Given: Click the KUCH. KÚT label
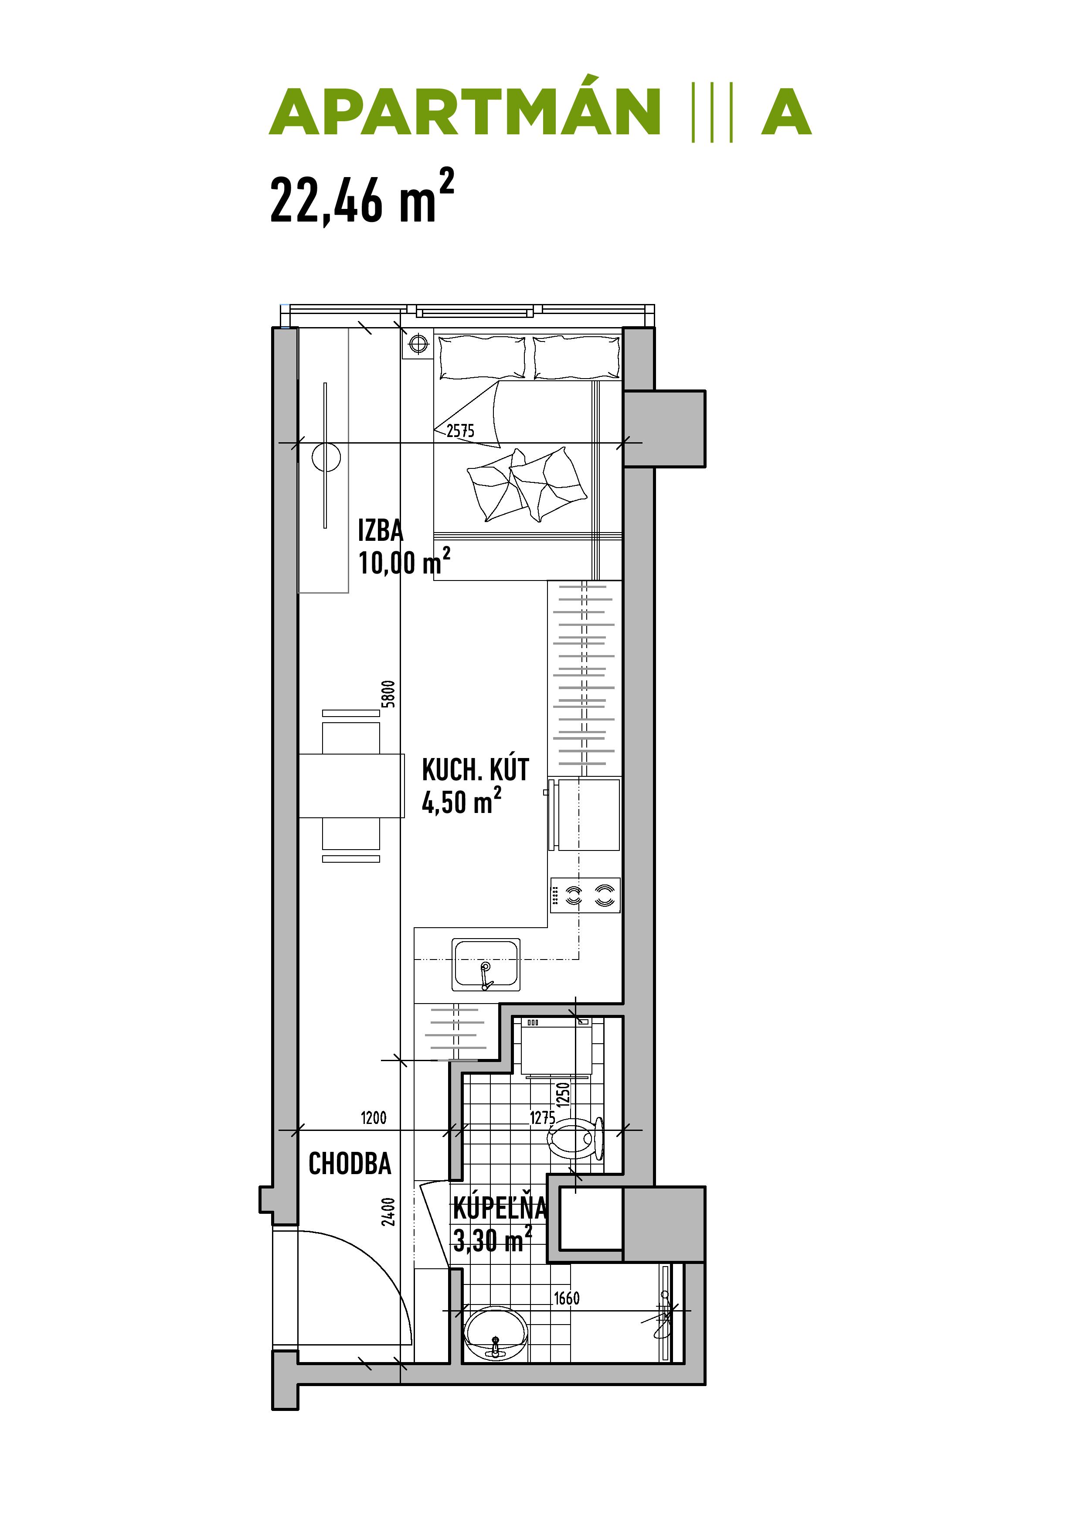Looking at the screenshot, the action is click(475, 770).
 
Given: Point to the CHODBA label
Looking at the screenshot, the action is click(350, 1164).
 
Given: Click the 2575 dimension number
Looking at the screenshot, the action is click(460, 431).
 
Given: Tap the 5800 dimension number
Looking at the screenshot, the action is click(388, 694).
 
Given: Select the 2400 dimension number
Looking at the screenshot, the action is click(388, 1212).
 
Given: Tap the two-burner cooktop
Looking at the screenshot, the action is click(585, 895).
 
